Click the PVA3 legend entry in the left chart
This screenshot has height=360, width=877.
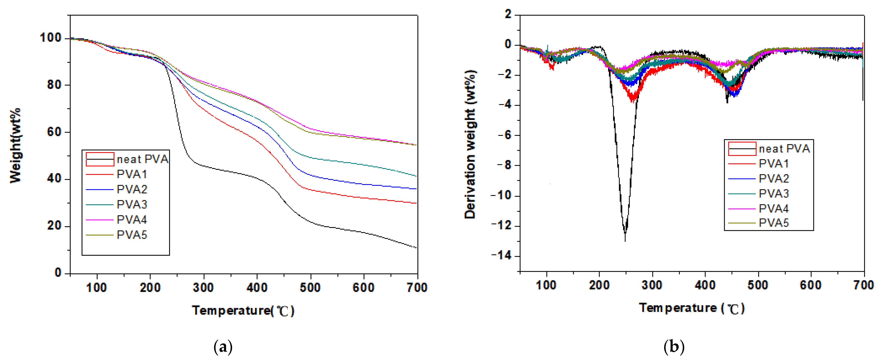coord(132,205)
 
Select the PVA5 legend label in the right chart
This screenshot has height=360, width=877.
coord(774,223)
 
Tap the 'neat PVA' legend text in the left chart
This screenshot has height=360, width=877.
coord(142,159)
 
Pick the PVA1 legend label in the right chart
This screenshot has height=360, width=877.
coord(774,164)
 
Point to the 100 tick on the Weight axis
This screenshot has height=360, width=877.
coord(50,38)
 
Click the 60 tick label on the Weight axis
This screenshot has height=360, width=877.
coord(54,132)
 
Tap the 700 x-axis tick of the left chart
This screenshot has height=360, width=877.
coord(417,288)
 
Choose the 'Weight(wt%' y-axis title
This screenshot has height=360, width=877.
coord(15,146)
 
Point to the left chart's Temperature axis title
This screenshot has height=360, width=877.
coord(243,311)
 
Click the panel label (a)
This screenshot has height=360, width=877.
coord(223,347)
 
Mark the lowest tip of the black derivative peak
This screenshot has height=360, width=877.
coord(625,241)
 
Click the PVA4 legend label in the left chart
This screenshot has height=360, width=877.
coord(132,220)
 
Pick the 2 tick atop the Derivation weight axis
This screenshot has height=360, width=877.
coord(508,14)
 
